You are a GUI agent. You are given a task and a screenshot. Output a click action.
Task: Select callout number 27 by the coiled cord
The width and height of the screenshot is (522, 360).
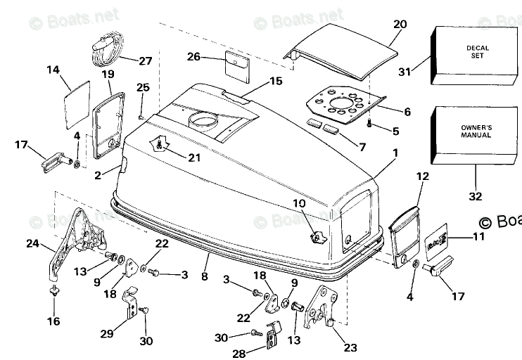pyautogui.click(x=145, y=60)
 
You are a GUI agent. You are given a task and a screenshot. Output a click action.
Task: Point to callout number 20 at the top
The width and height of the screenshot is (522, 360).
pyautogui.click(x=399, y=24)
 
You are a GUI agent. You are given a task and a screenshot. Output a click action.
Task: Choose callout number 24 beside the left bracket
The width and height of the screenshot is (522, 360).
pyautogui.click(x=31, y=245)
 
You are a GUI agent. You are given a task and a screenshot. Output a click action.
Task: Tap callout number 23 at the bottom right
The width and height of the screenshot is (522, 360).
pyautogui.click(x=350, y=348)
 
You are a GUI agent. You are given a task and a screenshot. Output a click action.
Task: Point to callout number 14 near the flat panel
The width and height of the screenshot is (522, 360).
pyautogui.click(x=53, y=70)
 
